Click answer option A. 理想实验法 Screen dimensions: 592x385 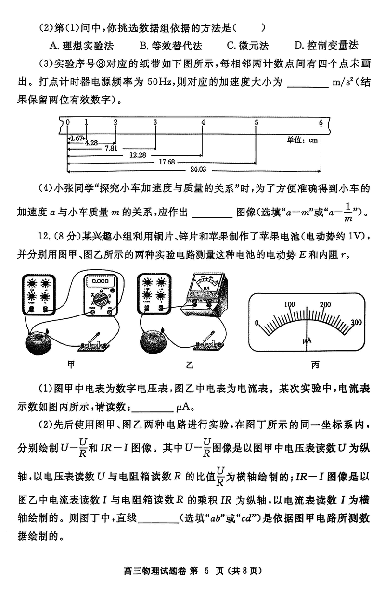click(81, 46)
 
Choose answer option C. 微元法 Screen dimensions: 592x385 click(247, 46)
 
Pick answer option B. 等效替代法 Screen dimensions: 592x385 click(170, 46)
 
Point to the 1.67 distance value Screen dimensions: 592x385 click(76, 138)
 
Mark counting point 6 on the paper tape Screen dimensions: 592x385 click(321, 122)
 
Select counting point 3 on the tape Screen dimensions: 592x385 click(155, 122)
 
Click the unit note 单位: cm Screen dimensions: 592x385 click(303, 140)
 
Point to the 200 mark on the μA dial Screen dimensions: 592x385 click(325, 304)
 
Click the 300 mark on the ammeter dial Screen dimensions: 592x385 click(356, 322)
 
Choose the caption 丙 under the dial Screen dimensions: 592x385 click(315, 365)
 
